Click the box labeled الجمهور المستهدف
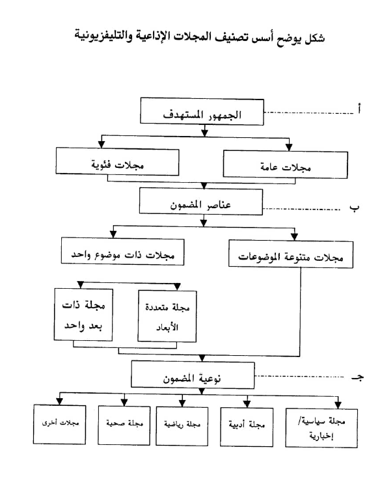pos(202,111)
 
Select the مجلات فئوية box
pos(117,162)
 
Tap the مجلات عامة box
pos(286,165)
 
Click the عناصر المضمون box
pos(201,202)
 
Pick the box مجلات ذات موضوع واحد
pos(123,251)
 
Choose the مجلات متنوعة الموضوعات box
pos(291,254)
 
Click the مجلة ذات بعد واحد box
pos(83,314)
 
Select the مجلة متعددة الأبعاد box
pos(167,316)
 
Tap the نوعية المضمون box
pos(193,375)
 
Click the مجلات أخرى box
pos(60,425)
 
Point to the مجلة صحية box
pos(124,425)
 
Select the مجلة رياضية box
pos(182,426)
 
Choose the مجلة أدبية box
pos(247,427)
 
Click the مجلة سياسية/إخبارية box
pos(321,428)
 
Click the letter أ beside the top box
pos(359,109)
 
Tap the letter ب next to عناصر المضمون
pos(354,208)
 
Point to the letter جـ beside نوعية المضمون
pos(358,377)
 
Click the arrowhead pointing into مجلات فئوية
pos(102,144)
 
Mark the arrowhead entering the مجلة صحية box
pos(124,402)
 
